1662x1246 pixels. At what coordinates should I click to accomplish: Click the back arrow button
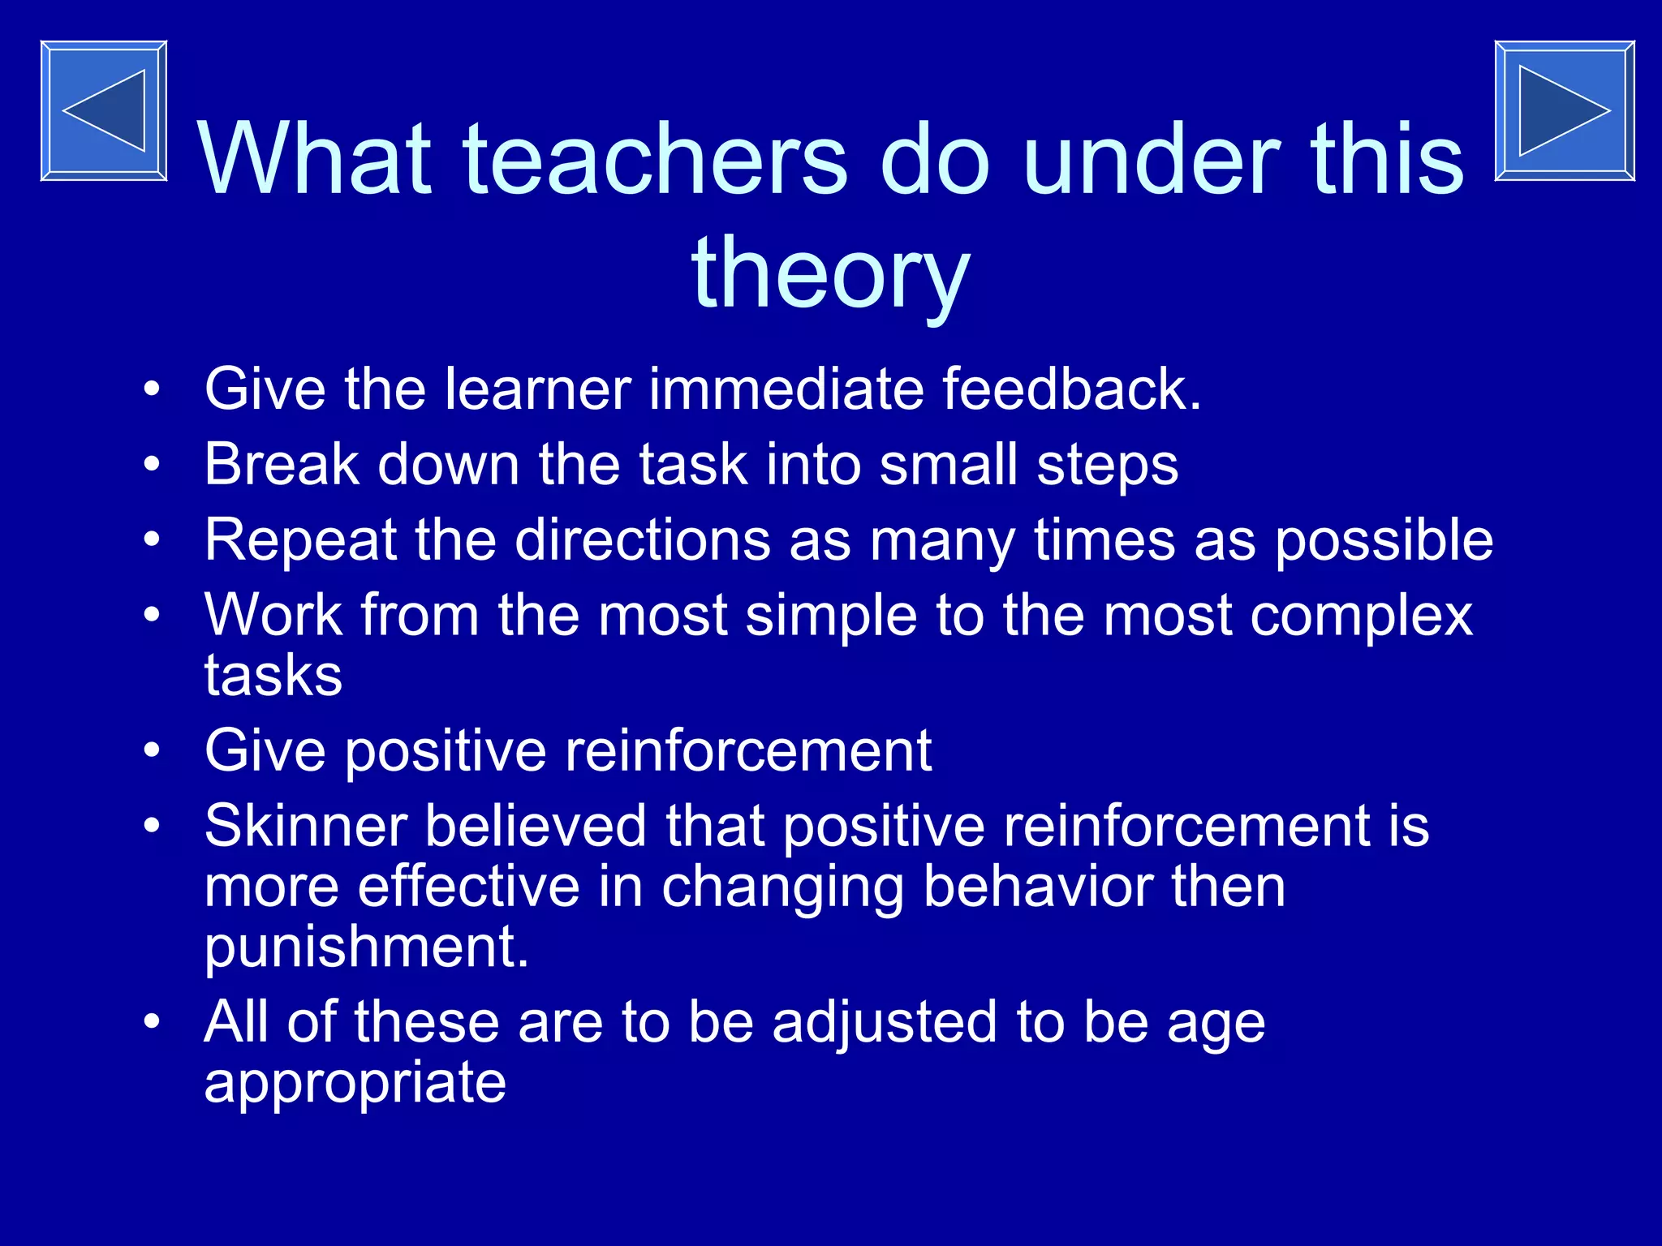[104, 110]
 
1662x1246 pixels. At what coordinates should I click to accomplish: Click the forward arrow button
[1564, 110]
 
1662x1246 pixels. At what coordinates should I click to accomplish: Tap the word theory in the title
[830, 272]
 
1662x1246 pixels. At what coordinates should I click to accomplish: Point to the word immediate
[786, 389]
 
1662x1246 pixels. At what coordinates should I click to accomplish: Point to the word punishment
[366, 947]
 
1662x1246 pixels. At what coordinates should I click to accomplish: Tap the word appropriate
[355, 1084]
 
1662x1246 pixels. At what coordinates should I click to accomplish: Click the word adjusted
[884, 1022]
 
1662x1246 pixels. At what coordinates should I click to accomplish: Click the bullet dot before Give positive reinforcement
[152, 750]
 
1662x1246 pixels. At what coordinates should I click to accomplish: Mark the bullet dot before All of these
[152, 1022]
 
